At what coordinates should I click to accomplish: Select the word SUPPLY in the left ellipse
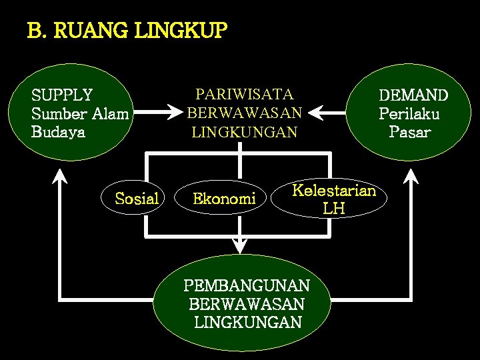click(62, 95)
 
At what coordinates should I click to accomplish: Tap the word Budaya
click(58, 131)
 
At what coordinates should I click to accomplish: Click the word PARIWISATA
click(244, 95)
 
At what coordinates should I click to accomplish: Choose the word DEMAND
click(413, 95)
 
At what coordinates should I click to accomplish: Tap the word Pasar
click(410, 131)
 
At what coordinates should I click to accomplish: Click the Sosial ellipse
click(137, 198)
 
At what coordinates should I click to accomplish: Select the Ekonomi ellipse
click(224, 198)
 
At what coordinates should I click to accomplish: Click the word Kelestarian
click(335, 191)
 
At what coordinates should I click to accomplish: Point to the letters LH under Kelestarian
click(334, 209)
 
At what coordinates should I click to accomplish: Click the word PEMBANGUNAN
click(247, 286)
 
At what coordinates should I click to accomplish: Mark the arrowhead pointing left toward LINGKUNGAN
click(316, 113)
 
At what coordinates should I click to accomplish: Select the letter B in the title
click(33, 31)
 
